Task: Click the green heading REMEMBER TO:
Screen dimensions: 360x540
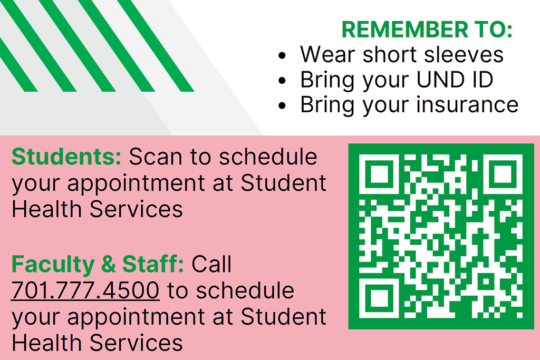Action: click(x=427, y=30)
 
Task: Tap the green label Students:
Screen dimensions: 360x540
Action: click(x=66, y=157)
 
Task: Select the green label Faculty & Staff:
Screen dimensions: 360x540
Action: click(x=98, y=264)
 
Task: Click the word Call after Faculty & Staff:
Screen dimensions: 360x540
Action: click(x=211, y=264)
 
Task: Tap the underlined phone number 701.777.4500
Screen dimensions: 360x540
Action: click(x=85, y=290)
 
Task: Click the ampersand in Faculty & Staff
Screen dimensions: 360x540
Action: click(x=108, y=264)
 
